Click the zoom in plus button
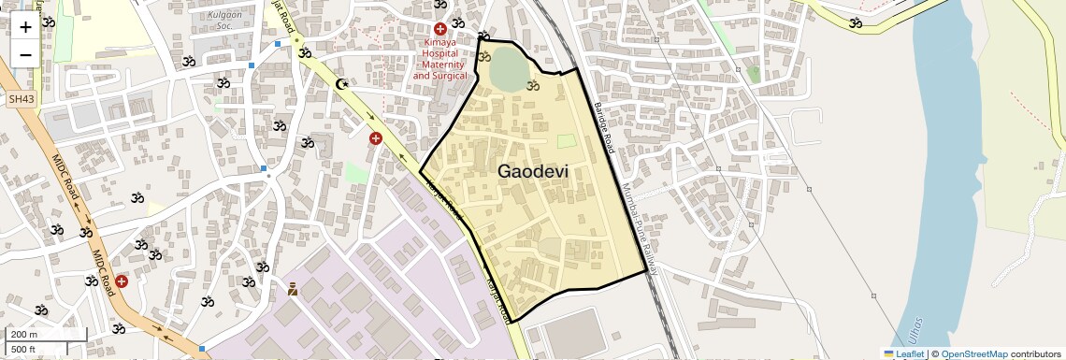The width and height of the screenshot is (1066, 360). click(25, 26)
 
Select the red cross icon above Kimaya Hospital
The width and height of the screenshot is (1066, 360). click(439, 29)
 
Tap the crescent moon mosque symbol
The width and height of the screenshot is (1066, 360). click(343, 85)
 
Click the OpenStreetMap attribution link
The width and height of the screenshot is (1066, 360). click(973, 354)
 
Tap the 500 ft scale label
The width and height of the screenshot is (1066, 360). click(23, 350)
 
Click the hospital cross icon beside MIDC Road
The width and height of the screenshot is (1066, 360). click(122, 281)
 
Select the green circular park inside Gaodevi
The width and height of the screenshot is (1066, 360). click(508, 68)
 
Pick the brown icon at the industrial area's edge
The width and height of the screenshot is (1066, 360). click(293, 289)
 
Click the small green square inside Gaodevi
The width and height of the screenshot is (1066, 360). click(566, 141)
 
